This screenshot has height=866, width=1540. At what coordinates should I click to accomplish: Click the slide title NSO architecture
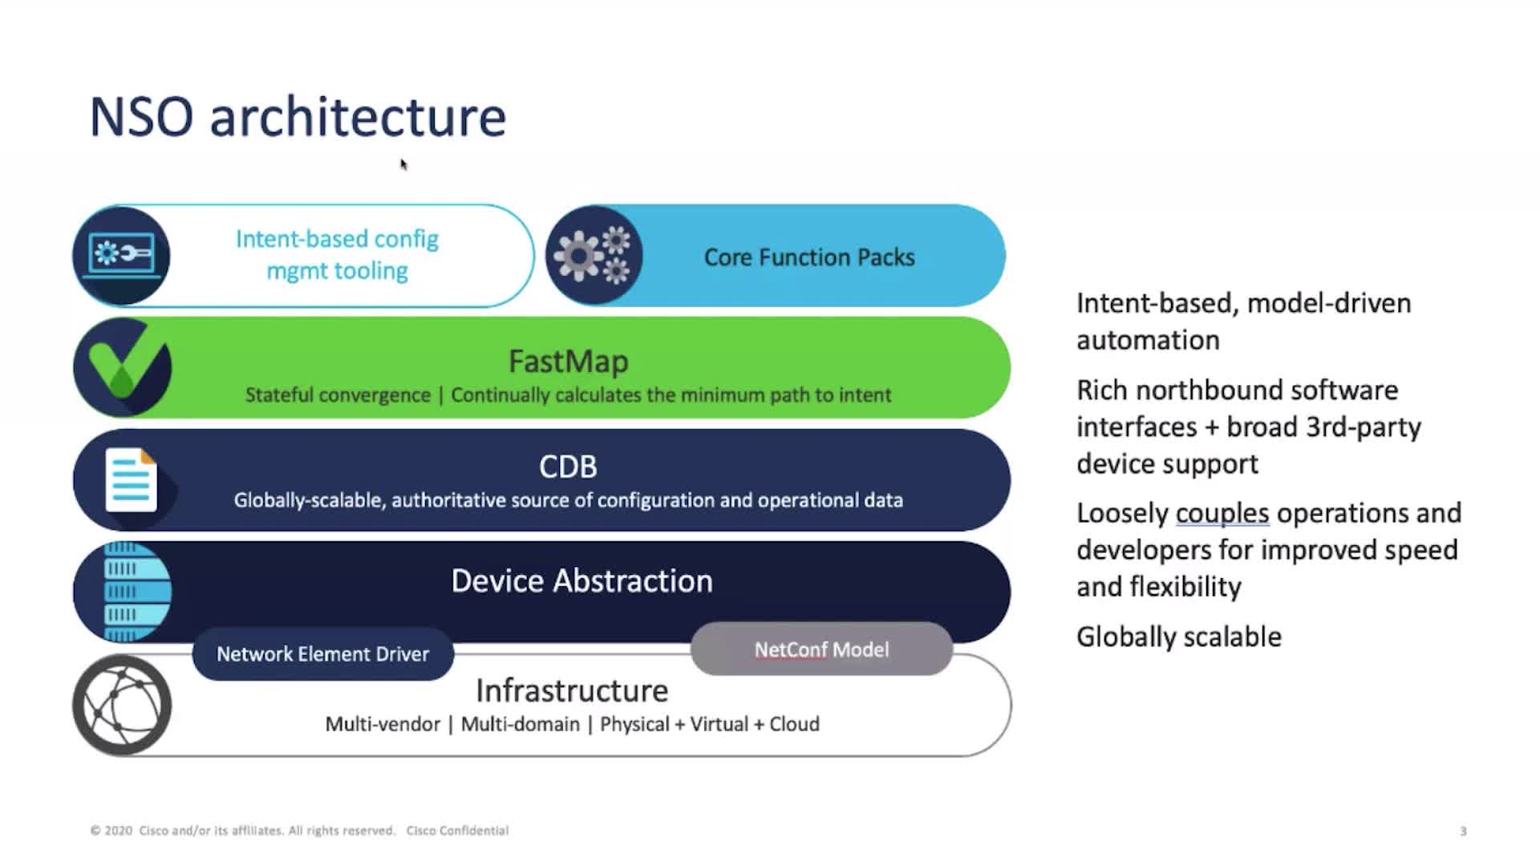298,117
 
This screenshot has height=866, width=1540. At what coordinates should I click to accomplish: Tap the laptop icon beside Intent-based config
121,256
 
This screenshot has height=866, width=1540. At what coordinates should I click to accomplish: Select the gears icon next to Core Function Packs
594,256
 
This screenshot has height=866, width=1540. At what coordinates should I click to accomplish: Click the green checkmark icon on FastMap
122,367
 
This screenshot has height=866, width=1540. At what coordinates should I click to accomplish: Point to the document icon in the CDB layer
131,480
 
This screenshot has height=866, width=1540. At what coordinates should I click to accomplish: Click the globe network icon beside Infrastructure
122,705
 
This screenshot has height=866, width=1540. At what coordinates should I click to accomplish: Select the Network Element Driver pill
323,654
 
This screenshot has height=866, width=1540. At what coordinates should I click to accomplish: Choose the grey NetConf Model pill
821,649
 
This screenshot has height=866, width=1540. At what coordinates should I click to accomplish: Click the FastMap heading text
569,362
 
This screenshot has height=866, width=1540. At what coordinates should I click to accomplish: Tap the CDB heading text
568,467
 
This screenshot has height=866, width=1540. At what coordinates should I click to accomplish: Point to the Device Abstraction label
582,581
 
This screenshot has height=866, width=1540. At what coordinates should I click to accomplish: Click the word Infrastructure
572,690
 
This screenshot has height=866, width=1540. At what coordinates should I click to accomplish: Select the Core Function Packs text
809,257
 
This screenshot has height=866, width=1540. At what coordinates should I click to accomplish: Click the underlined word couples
1222,513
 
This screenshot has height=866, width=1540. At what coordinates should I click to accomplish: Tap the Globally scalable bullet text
1179,637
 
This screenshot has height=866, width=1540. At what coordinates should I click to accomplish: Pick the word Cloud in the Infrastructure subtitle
794,724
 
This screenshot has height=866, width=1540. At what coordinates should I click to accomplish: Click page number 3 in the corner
1463,832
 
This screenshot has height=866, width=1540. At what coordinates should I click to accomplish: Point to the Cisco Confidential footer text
457,831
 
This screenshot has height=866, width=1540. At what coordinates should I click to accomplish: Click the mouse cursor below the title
403,164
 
